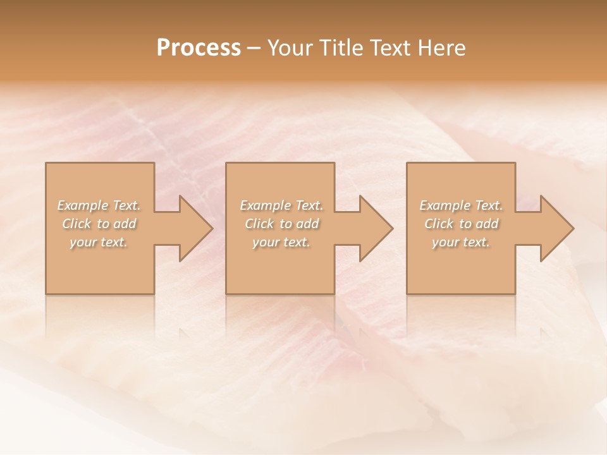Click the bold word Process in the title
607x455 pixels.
coord(199,48)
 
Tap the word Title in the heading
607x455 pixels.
coord(343,48)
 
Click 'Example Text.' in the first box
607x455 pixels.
coord(99,205)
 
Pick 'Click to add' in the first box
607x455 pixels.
coord(99,224)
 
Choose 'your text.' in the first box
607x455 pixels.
coord(99,242)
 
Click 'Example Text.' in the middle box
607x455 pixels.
coord(281,205)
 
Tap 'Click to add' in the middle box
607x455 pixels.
coord(281,224)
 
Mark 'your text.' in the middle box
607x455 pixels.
coord(281,242)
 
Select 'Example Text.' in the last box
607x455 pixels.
coord(461,205)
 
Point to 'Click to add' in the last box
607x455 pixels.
coord(461,224)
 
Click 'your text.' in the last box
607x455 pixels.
coord(461,242)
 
